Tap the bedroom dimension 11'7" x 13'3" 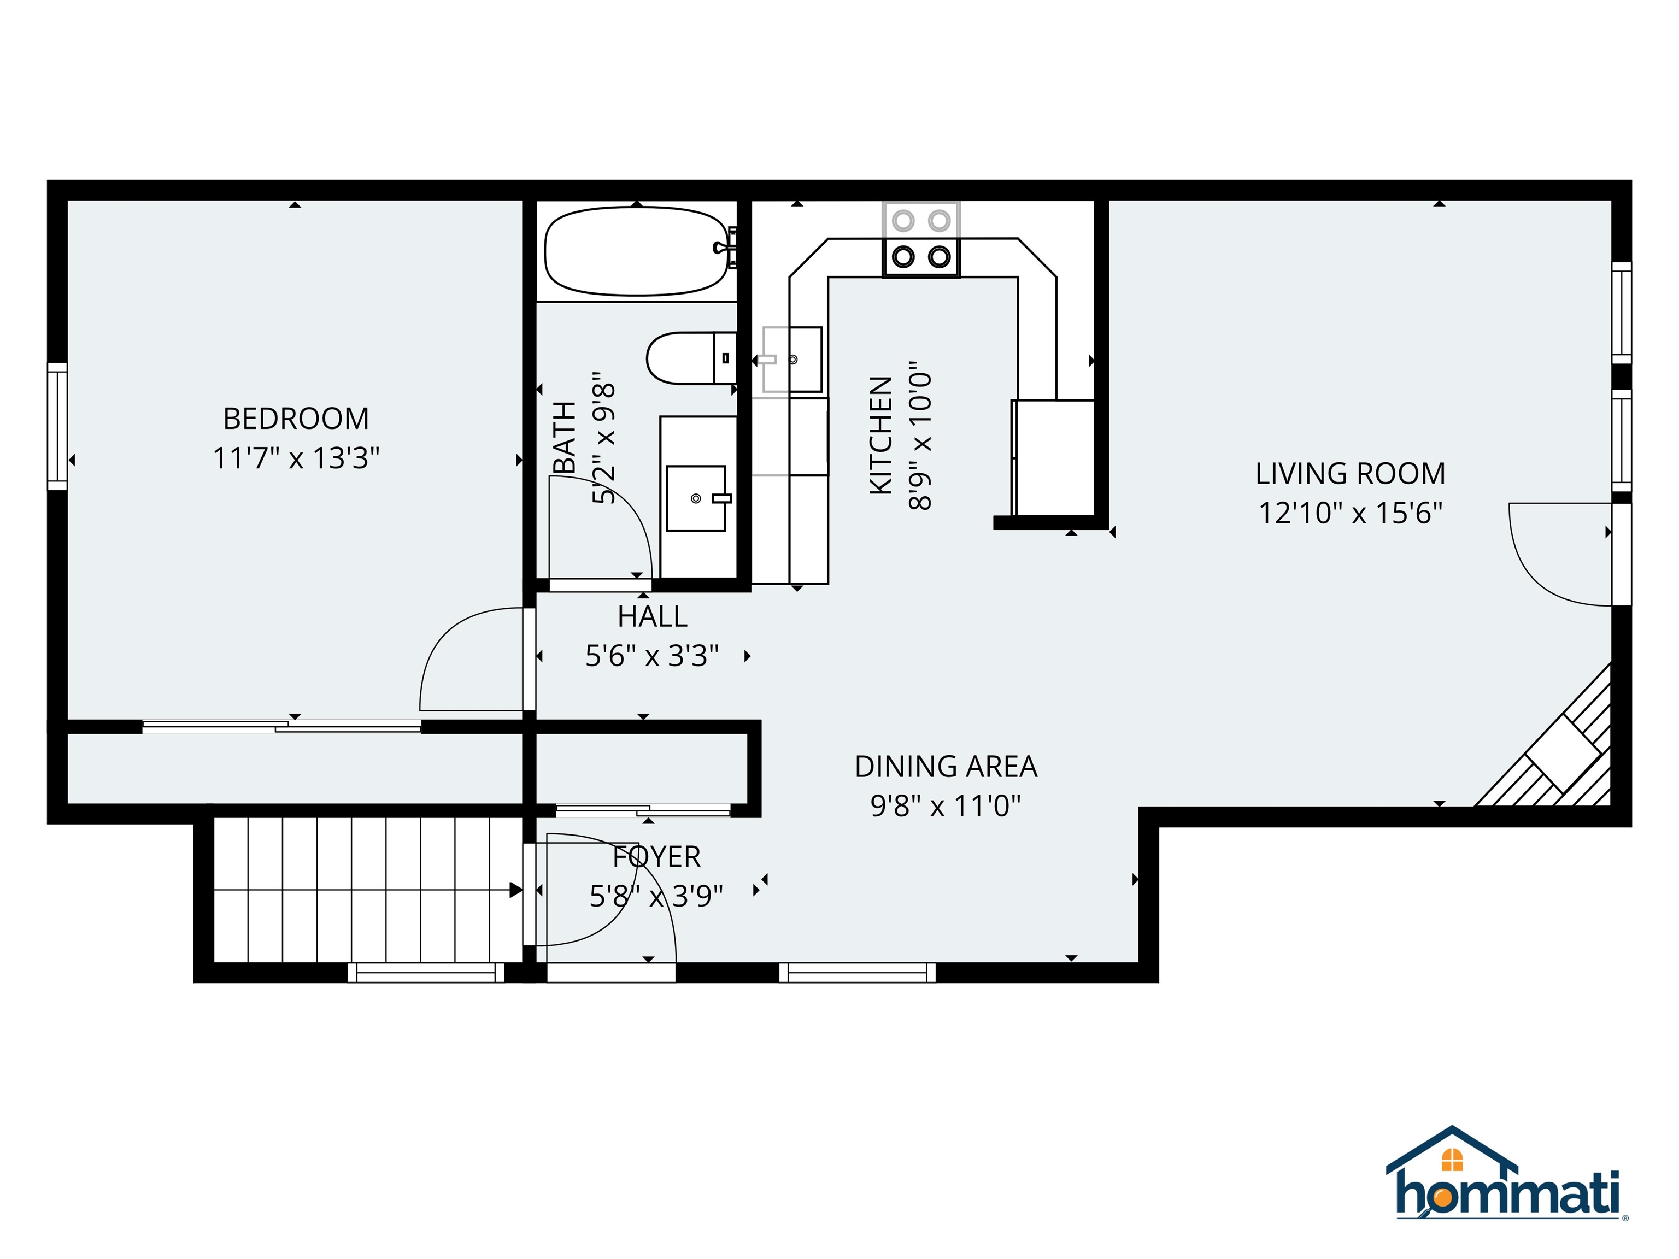[x=296, y=458]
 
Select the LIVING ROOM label [x=1349, y=474]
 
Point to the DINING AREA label [x=945, y=767]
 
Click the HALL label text [x=652, y=617]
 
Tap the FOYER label [x=656, y=857]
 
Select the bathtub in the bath [x=636, y=251]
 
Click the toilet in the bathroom [x=687, y=358]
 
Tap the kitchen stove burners [x=921, y=239]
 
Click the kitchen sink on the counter [x=792, y=360]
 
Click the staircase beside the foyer [x=365, y=890]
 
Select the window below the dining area [x=857, y=972]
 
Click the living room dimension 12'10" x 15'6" [x=1349, y=513]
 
